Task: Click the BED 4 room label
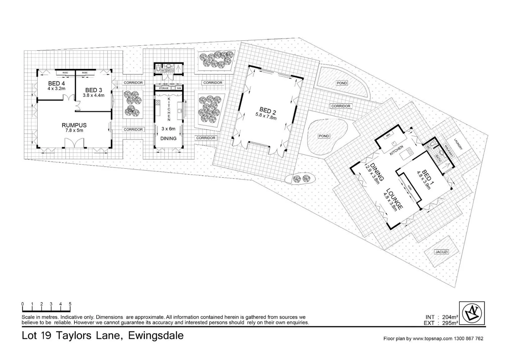(x=56, y=83)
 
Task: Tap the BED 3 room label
(x=94, y=90)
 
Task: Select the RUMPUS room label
(x=74, y=125)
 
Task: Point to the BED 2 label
(x=267, y=110)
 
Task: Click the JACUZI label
(x=441, y=252)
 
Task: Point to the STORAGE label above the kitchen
(x=163, y=88)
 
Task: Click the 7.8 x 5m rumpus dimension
(x=74, y=130)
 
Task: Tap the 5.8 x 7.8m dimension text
(x=266, y=116)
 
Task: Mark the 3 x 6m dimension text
(x=168, y=128)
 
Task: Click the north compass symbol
(x=472, y=313)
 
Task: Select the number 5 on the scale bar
(x=70, y=304)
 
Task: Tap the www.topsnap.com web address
(x=432, y=339)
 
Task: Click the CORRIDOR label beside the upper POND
(x=340, y=106)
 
